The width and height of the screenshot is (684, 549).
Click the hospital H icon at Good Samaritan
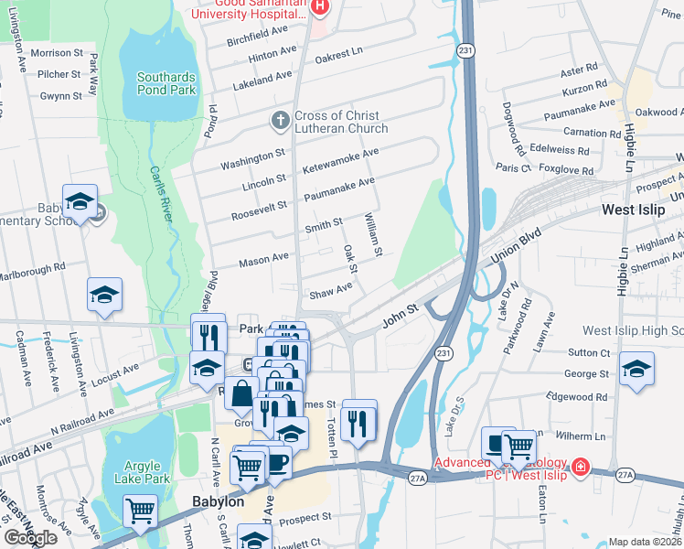click(x=319, y=7)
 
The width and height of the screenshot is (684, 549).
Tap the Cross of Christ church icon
click(x=281, y=120)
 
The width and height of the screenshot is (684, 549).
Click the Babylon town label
click(x=218, y=501)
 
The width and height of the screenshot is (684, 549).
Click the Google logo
click(x=30, y=538)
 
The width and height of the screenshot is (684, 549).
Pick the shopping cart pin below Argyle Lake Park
click(x=140, y=510)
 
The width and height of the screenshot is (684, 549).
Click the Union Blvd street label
click(x=512, y=246)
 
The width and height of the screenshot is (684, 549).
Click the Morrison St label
click(x=57, y=53)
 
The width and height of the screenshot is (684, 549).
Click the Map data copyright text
click(x=646, y=542)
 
